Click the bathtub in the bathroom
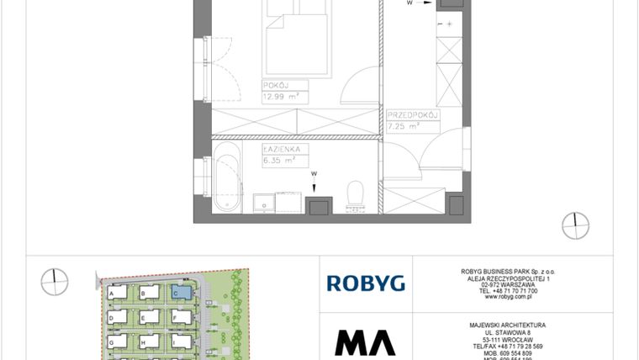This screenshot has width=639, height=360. pos(227,178)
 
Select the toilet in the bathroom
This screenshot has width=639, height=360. pos(356,193)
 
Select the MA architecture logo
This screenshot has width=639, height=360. pos(365,341)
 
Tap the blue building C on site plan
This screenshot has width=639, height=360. pos(180,292)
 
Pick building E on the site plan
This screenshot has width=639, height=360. pos(148,317)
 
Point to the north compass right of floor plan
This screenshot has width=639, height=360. pos(576,225)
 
